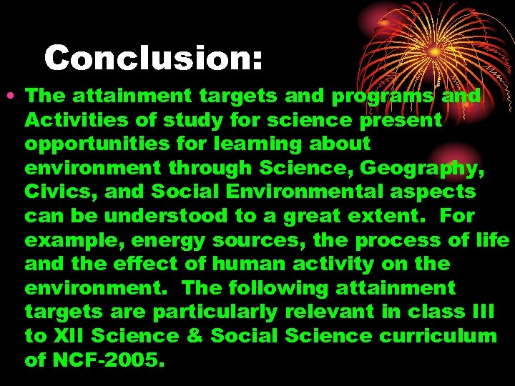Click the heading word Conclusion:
(153, 58)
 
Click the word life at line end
(492, 239)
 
